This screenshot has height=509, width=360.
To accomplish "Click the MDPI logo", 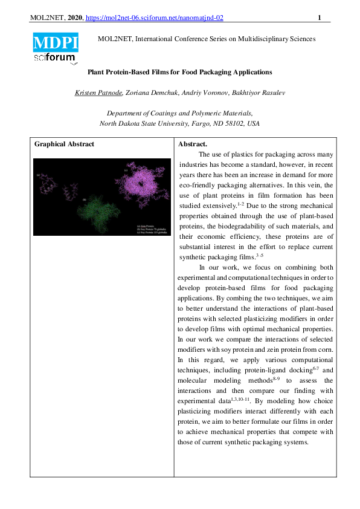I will [56, 42].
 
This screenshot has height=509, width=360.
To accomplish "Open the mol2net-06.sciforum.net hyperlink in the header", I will [155, 18].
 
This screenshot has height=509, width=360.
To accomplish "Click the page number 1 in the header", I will [320, 18].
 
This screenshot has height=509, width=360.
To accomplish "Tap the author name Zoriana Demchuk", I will [151, 92].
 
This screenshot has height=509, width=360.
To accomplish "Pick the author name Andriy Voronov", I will [207, 92].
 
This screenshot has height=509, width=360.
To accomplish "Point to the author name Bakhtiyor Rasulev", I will [262, 92].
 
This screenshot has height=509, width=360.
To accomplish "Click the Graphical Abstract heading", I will [64, 144].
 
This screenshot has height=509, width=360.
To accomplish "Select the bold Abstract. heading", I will [193, 144].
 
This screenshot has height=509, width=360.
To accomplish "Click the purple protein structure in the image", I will [143, 182].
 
